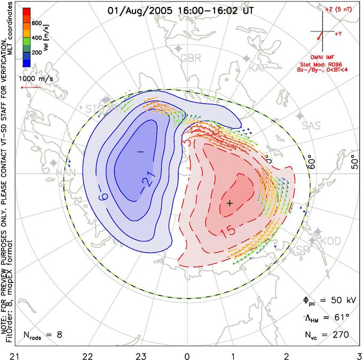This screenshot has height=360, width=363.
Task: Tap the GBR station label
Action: [x=191, y=58]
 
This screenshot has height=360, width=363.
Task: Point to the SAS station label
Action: [x=311, y=126]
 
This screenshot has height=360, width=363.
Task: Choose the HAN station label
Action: [x=66, y=172]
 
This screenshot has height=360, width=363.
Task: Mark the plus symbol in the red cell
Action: [x=230, y=203]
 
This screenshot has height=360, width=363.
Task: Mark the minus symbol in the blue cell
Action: [x=140, y=152]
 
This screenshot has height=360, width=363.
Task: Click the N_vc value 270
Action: [x=339, y=335]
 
